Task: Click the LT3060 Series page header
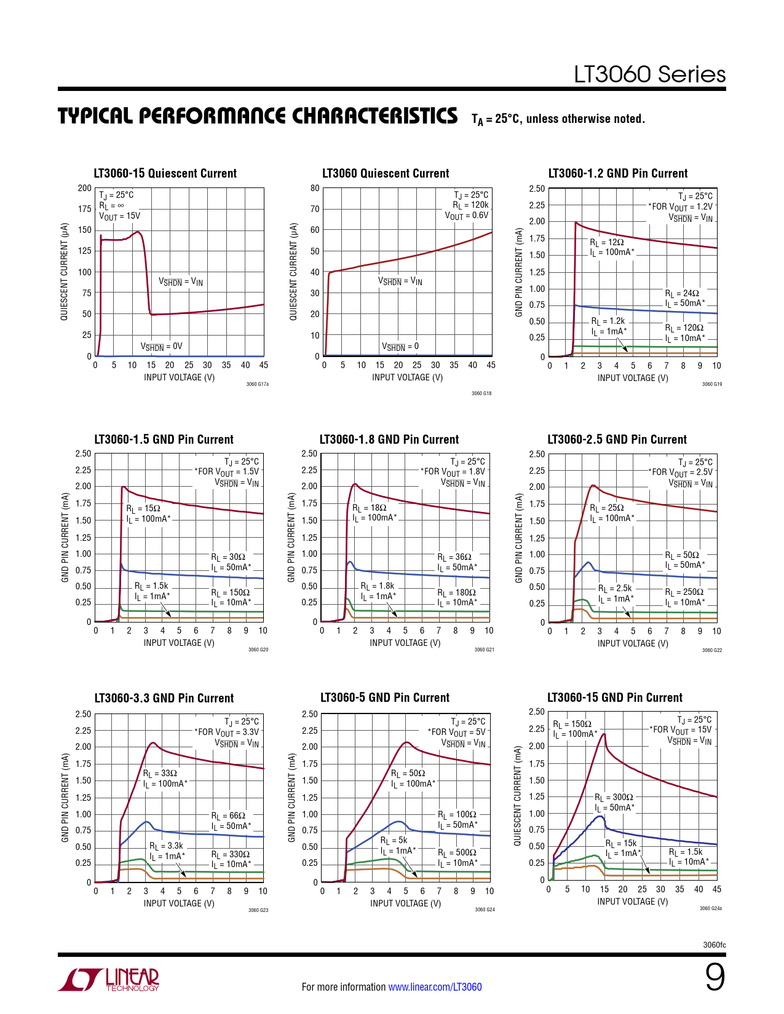649,74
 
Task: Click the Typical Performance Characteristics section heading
258,116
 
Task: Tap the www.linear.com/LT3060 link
435,987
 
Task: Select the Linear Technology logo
109,980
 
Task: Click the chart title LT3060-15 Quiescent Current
165,173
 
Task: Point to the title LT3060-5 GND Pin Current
385,698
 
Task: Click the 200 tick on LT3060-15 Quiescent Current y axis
85,188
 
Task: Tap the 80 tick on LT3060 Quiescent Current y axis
315,188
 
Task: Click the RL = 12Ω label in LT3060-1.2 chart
607,243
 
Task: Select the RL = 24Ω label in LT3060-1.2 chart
682,293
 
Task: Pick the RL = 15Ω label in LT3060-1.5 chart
143,508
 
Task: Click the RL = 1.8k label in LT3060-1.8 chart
378,586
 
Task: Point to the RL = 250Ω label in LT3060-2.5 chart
684,592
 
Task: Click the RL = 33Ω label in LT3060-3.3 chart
160,773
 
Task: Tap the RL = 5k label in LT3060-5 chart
394,840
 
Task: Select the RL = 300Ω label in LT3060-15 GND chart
614,797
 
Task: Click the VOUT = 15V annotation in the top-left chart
120,216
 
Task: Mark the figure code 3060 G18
481,393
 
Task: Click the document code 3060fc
714,945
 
